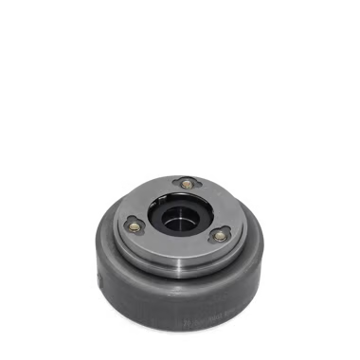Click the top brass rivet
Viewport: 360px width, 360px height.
click(x=188, y=183)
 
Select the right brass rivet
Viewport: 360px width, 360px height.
click(x=220, y=235)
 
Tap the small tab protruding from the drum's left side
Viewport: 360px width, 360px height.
click(x=96, y=280)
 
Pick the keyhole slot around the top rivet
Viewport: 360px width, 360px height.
click(x=187, y=181)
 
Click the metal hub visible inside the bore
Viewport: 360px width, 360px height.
click(x=177, y=227)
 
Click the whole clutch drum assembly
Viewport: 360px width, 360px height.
click(x=179, y=251)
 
